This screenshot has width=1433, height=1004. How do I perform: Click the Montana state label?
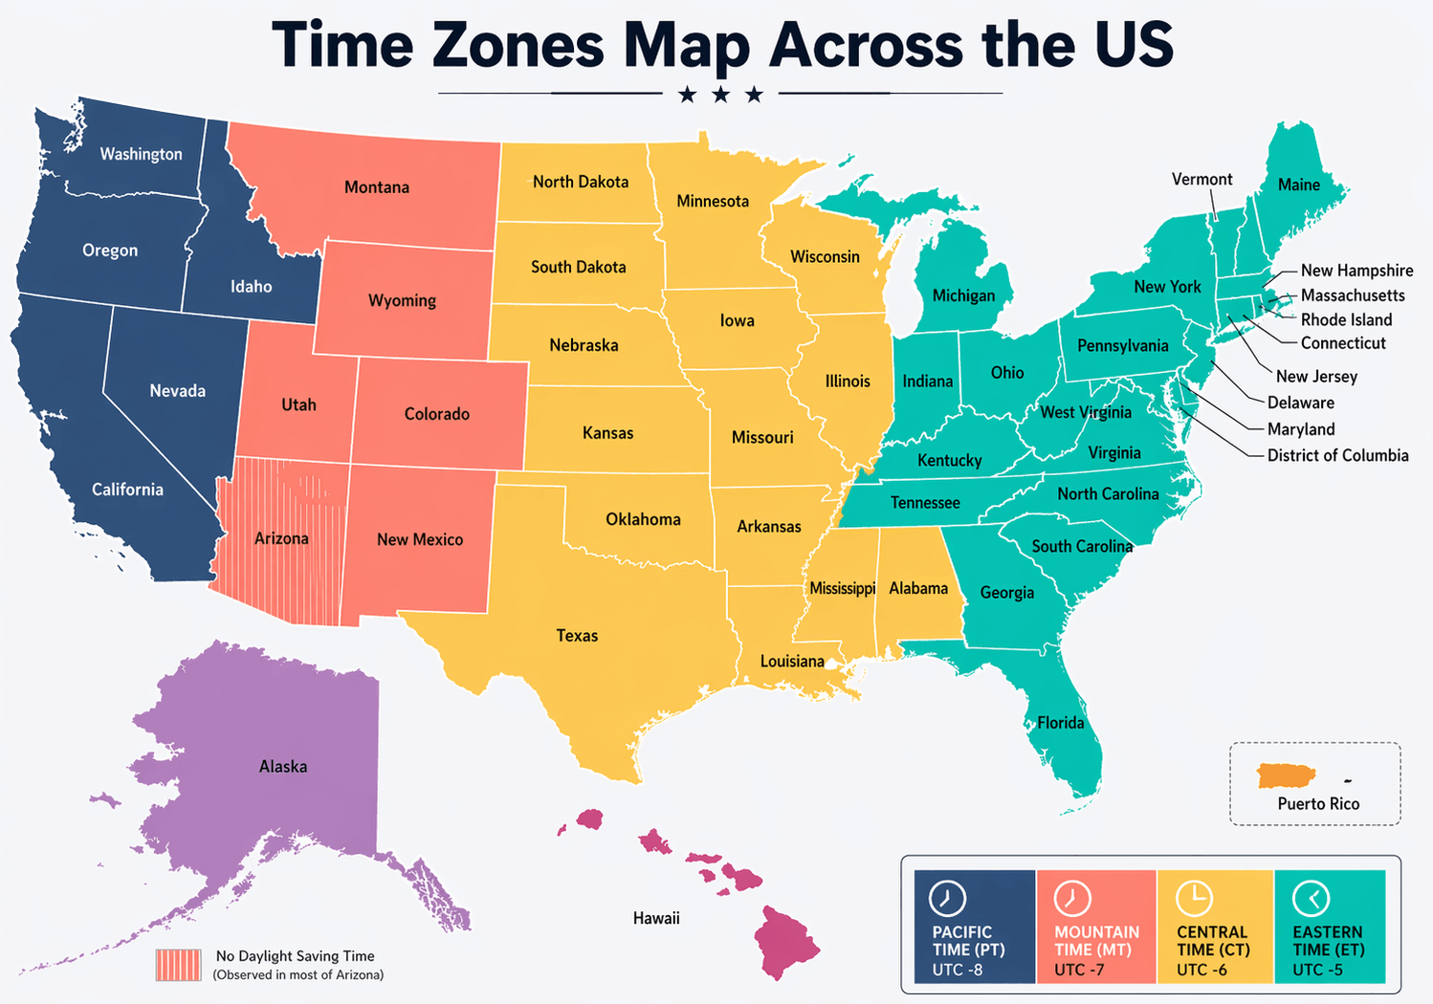coord(377,187)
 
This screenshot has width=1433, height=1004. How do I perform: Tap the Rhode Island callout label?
coord(1346,319)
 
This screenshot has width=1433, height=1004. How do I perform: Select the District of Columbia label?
coord(1337,455)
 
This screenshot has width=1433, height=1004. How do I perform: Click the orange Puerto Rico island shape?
coord(1287,775)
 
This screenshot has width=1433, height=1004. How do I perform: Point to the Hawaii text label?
coord(656,918)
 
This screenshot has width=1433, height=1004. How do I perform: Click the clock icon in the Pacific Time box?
coord(947,899)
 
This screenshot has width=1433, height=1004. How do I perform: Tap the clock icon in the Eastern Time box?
coord(1311,899)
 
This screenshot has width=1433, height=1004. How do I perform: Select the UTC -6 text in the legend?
coord(1202,970)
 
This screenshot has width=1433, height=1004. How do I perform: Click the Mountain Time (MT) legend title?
coord(1096,941)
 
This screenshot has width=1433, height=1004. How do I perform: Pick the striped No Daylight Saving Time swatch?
coord(179,965)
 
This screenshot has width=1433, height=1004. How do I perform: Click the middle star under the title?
coord(720,94)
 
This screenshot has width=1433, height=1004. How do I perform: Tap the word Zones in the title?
coord(518,45)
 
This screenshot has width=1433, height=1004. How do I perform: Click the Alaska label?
coord(283,766)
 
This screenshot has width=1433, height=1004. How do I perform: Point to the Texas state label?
coord(577,636)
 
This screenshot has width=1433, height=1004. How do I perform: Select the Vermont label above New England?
coord(1202,180)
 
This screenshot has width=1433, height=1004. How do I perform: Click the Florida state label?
coord(1061,723)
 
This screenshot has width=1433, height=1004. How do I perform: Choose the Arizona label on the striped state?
coord(281,538)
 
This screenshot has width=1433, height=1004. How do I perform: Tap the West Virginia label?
coord(1086,412)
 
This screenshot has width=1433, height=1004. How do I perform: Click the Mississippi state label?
coord(842,588)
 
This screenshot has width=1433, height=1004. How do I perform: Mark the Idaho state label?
coord(251,286)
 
